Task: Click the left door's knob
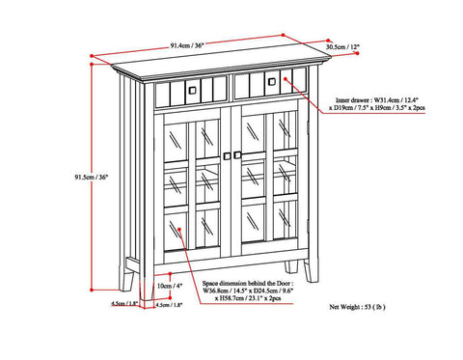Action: tap(228, 155)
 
